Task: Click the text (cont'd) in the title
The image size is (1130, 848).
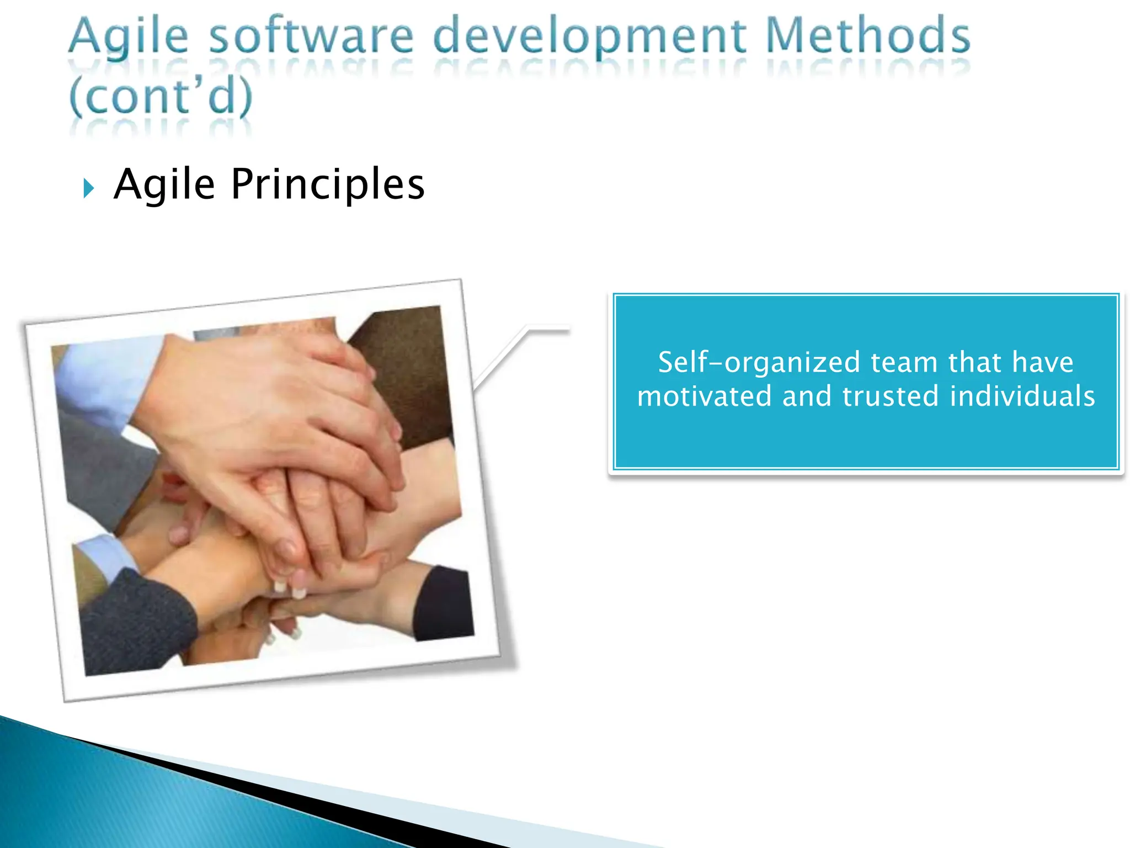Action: [x=161, y=96]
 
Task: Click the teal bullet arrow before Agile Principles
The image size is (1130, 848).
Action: [x=88, y=188]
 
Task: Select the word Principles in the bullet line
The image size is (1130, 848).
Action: [x=328, y=184]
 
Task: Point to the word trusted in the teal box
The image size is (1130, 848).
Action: [x=890, y=396]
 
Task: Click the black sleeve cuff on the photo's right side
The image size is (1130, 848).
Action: [x=441, y=605]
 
